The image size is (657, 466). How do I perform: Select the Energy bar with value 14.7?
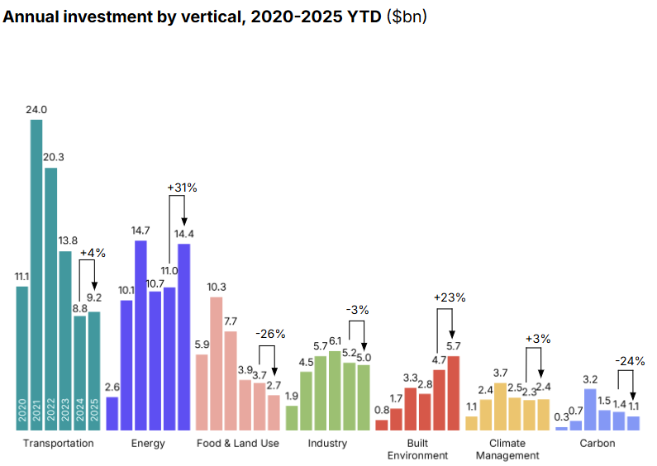pos(140,335)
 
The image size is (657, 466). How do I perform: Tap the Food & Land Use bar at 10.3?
pos(216,363)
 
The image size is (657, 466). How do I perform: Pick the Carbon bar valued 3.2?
pos(590,409)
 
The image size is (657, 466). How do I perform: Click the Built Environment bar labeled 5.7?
pos(453,392)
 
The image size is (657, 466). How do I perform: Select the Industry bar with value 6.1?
pos(334,390)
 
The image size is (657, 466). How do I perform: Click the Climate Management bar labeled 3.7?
pos(500,406)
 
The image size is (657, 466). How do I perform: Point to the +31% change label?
pos(182,188)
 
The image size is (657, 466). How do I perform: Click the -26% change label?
pos(270,334)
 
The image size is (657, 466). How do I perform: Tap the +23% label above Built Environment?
pos(450,297)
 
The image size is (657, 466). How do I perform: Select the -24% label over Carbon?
pos(630,361)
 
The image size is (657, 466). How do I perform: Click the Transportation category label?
pos(59,444)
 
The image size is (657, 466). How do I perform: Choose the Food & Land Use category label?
pos(238,444)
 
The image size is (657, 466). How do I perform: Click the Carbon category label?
pos(597,444)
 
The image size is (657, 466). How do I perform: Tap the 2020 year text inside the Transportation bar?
pos(22,411)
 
